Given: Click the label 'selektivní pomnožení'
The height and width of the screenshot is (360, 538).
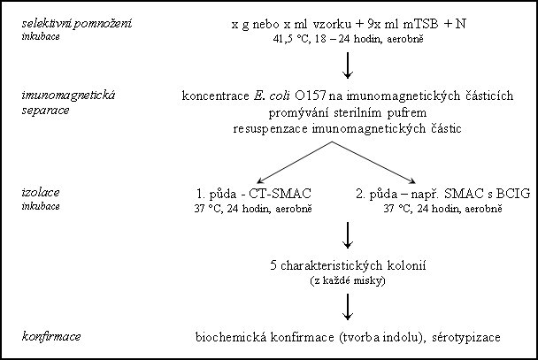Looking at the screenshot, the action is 76,24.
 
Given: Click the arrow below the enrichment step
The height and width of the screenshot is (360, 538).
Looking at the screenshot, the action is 348,65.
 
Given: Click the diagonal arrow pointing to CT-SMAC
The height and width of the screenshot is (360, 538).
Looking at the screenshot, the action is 295,162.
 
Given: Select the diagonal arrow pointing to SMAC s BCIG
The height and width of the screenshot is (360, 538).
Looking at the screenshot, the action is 374,162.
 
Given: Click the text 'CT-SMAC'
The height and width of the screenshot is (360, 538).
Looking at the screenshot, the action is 280,194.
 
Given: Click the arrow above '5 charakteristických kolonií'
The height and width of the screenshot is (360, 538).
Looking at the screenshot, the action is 348,235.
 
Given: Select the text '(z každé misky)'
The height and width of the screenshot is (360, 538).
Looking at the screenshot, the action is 348,280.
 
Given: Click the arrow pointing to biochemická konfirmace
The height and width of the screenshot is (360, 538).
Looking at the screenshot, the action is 348,307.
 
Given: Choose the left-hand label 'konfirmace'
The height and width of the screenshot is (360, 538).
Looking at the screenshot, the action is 51,336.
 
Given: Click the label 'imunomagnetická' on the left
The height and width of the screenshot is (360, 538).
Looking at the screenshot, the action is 68,96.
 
